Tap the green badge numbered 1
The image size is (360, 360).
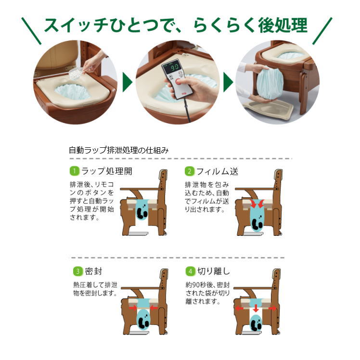pyautogui.click(x=74, y=171)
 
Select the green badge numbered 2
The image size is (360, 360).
pyautogui.click(x=190, y=171)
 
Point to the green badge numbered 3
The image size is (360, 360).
pyautogui.click(x=76, y=271)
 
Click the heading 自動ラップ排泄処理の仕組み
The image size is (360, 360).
pyautogui.click(x=118, y=150)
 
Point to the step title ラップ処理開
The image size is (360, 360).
pyautogui.click(x=106, y=171)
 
